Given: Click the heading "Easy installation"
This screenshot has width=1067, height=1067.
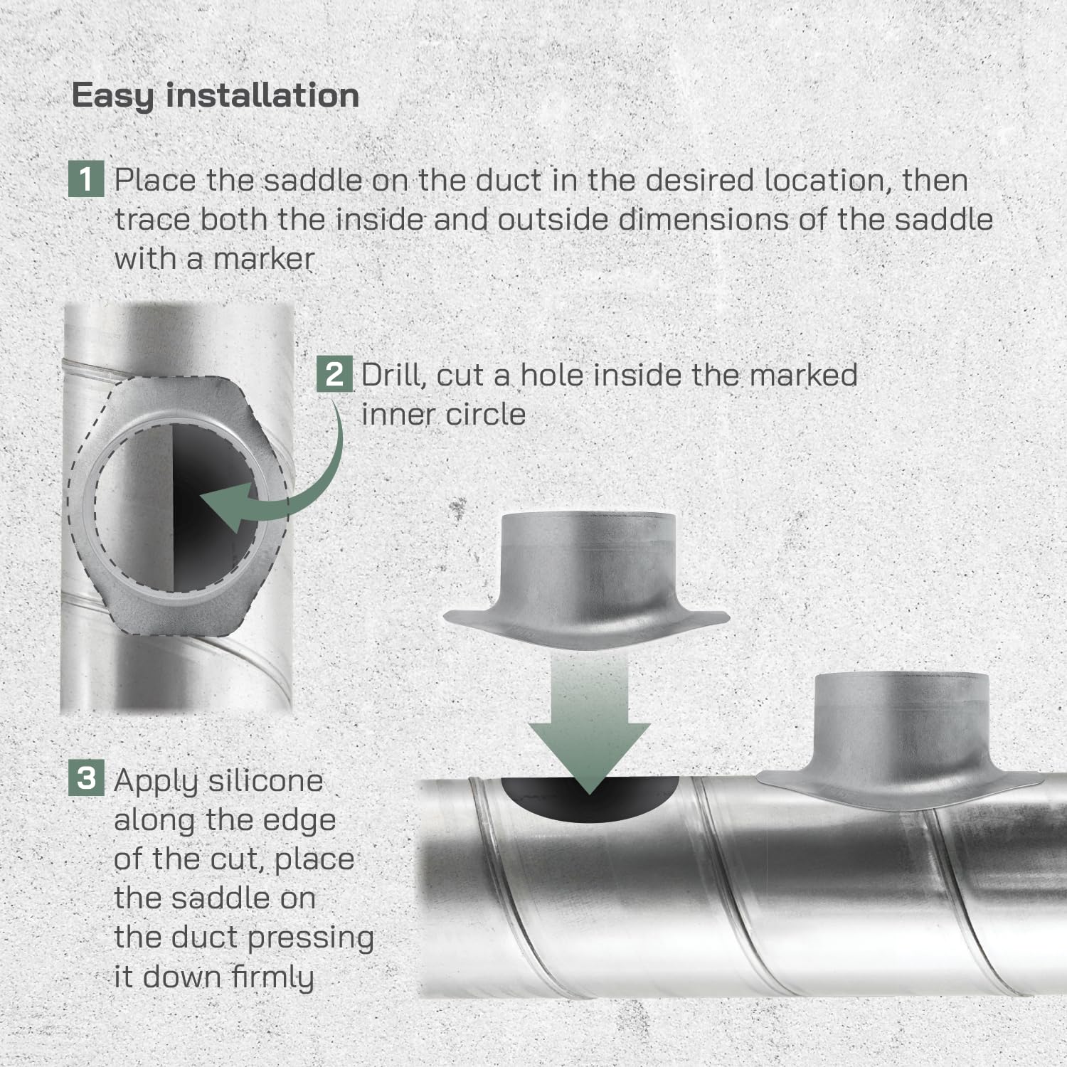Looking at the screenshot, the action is pos(216,96).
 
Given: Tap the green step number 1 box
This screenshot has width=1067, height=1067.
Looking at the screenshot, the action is pos(86,179).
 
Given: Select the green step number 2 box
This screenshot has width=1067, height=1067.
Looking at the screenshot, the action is pos(334,374).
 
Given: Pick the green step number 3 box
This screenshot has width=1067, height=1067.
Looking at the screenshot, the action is pos(86,777).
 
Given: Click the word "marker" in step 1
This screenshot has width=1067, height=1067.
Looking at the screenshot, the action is pos(264,258).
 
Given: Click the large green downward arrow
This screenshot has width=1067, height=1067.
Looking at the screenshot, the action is pos(589,726).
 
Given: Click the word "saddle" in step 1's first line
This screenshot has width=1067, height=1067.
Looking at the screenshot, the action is pos(314,180).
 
